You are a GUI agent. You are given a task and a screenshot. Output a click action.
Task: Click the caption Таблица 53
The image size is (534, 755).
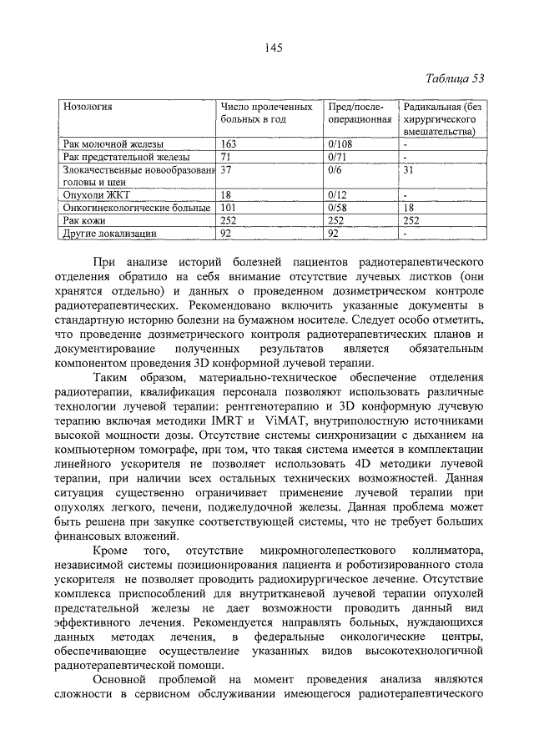455,79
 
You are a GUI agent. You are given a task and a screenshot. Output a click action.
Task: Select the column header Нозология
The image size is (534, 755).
88,108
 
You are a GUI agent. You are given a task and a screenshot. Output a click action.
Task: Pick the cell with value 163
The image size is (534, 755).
229,144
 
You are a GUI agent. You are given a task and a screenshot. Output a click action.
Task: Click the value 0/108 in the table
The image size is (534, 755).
344,144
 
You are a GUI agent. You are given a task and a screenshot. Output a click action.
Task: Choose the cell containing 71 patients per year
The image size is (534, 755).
226,157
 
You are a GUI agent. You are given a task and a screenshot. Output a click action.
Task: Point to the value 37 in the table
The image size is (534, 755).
226,169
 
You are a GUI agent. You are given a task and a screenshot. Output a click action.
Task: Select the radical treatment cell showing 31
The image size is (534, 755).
409,169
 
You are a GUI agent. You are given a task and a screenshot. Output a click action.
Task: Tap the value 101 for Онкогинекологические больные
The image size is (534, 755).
229,207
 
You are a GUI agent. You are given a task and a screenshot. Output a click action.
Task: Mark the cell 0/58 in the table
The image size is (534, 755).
341,207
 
